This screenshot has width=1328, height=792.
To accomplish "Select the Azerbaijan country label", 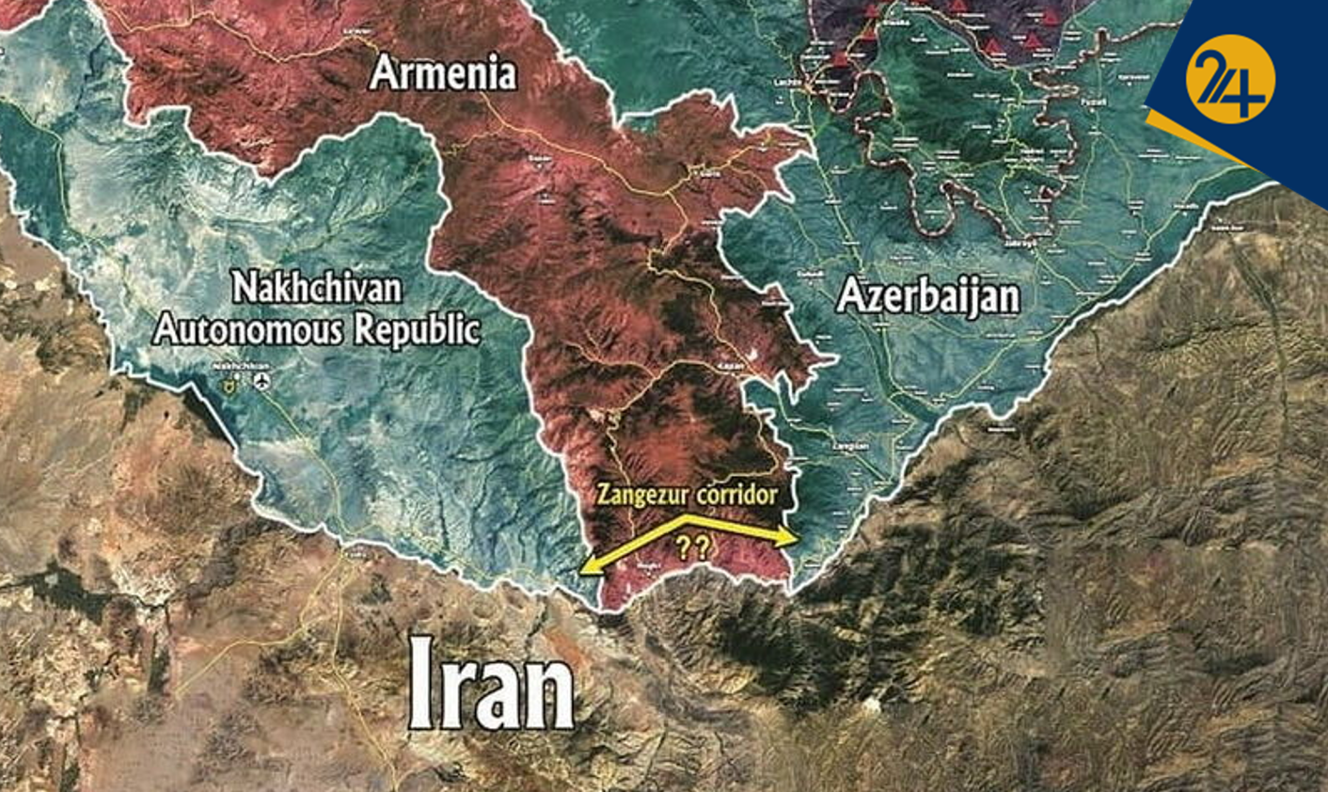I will point(927,296).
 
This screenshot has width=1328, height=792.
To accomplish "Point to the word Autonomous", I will point(250,329).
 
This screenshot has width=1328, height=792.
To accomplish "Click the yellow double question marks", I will point(693,547).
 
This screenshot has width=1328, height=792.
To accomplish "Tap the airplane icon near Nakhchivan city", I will point(261,381).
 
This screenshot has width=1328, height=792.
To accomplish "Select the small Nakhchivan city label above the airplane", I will point(242,365).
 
